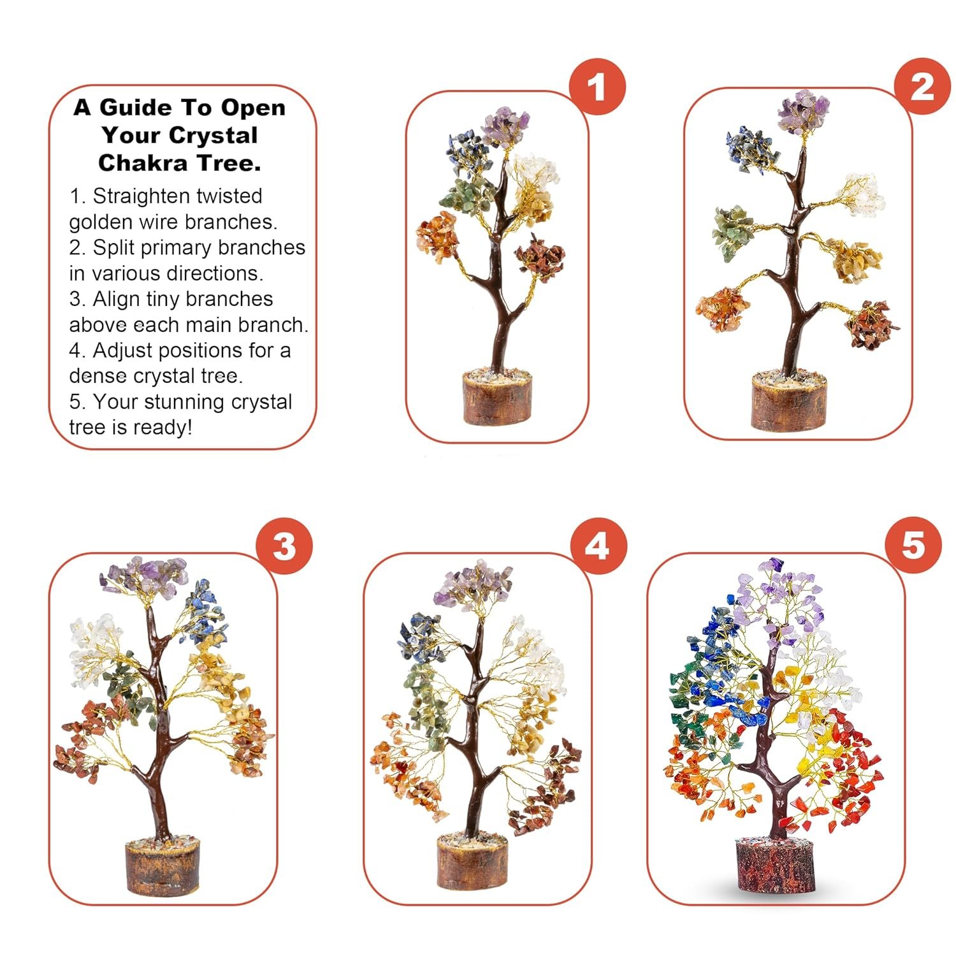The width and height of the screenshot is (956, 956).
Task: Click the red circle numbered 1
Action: pos(597,87)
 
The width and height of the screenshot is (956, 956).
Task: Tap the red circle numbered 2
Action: pos(922,86)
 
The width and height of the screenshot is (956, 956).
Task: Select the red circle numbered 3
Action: pos(284,547)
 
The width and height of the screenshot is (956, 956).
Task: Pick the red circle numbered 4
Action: pos(598,547)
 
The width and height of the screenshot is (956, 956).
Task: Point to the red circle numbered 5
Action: pos(913,546)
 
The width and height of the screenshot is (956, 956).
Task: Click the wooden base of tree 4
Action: pos(472,862)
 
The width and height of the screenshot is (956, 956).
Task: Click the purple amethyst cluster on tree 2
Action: pos(803,113)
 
